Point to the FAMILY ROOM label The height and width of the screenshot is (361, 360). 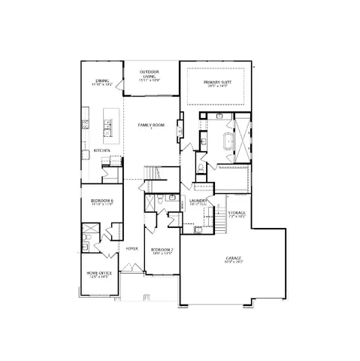point(150,124)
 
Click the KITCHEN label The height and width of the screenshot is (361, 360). point(102,151)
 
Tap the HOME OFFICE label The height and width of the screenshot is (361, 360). point(98,273)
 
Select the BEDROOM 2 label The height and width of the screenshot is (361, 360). point(162,250)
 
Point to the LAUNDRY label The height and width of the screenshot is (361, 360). point(198,201)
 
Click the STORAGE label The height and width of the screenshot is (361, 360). point(237,213)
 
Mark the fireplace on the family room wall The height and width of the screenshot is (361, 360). point(180,128)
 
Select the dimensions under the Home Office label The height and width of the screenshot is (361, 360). point(98,278)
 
